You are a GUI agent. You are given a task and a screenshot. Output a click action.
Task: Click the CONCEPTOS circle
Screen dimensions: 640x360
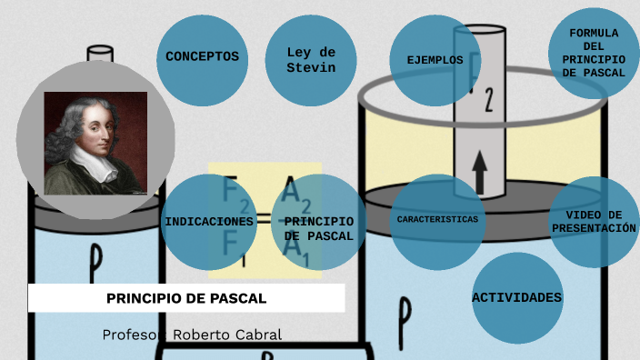point(202,57)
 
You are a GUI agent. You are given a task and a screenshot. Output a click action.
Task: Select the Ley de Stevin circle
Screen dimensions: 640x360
point(311,60)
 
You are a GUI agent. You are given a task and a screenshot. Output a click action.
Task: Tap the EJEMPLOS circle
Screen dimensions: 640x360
point(435,61)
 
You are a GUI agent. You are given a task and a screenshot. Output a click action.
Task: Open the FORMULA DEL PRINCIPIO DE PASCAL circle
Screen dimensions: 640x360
point(594,53)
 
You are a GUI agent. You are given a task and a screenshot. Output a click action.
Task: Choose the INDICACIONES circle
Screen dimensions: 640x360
point(208,222)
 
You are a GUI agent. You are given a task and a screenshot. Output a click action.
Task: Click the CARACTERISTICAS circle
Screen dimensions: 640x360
point(436,220)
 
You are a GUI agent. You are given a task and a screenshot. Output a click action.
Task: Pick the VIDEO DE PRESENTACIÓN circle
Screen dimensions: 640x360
point(594,222)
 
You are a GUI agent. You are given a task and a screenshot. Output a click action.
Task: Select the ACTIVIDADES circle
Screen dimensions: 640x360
point(516,297)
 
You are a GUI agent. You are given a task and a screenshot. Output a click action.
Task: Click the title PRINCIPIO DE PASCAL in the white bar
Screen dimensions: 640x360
point(186,298)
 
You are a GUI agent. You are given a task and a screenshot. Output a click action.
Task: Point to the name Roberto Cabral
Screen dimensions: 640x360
point(227,335)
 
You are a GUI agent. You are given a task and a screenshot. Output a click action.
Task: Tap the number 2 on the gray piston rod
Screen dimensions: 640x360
point(488,98)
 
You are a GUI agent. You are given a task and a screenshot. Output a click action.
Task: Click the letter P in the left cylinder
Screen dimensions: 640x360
point(95,261)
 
